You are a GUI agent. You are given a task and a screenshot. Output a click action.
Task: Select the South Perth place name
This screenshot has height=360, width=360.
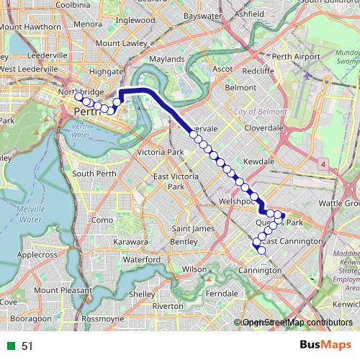94,174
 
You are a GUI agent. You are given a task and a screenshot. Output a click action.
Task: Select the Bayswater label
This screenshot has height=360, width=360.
202,15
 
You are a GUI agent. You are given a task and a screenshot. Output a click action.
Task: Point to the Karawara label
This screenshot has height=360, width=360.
130,242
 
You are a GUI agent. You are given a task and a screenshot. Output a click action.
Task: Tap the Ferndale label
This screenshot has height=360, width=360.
221,294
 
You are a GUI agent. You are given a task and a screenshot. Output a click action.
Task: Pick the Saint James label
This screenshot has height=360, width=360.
194,229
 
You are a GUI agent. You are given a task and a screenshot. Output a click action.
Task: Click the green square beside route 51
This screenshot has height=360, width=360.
9,346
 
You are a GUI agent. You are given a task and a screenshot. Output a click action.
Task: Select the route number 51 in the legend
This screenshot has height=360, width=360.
27,346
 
